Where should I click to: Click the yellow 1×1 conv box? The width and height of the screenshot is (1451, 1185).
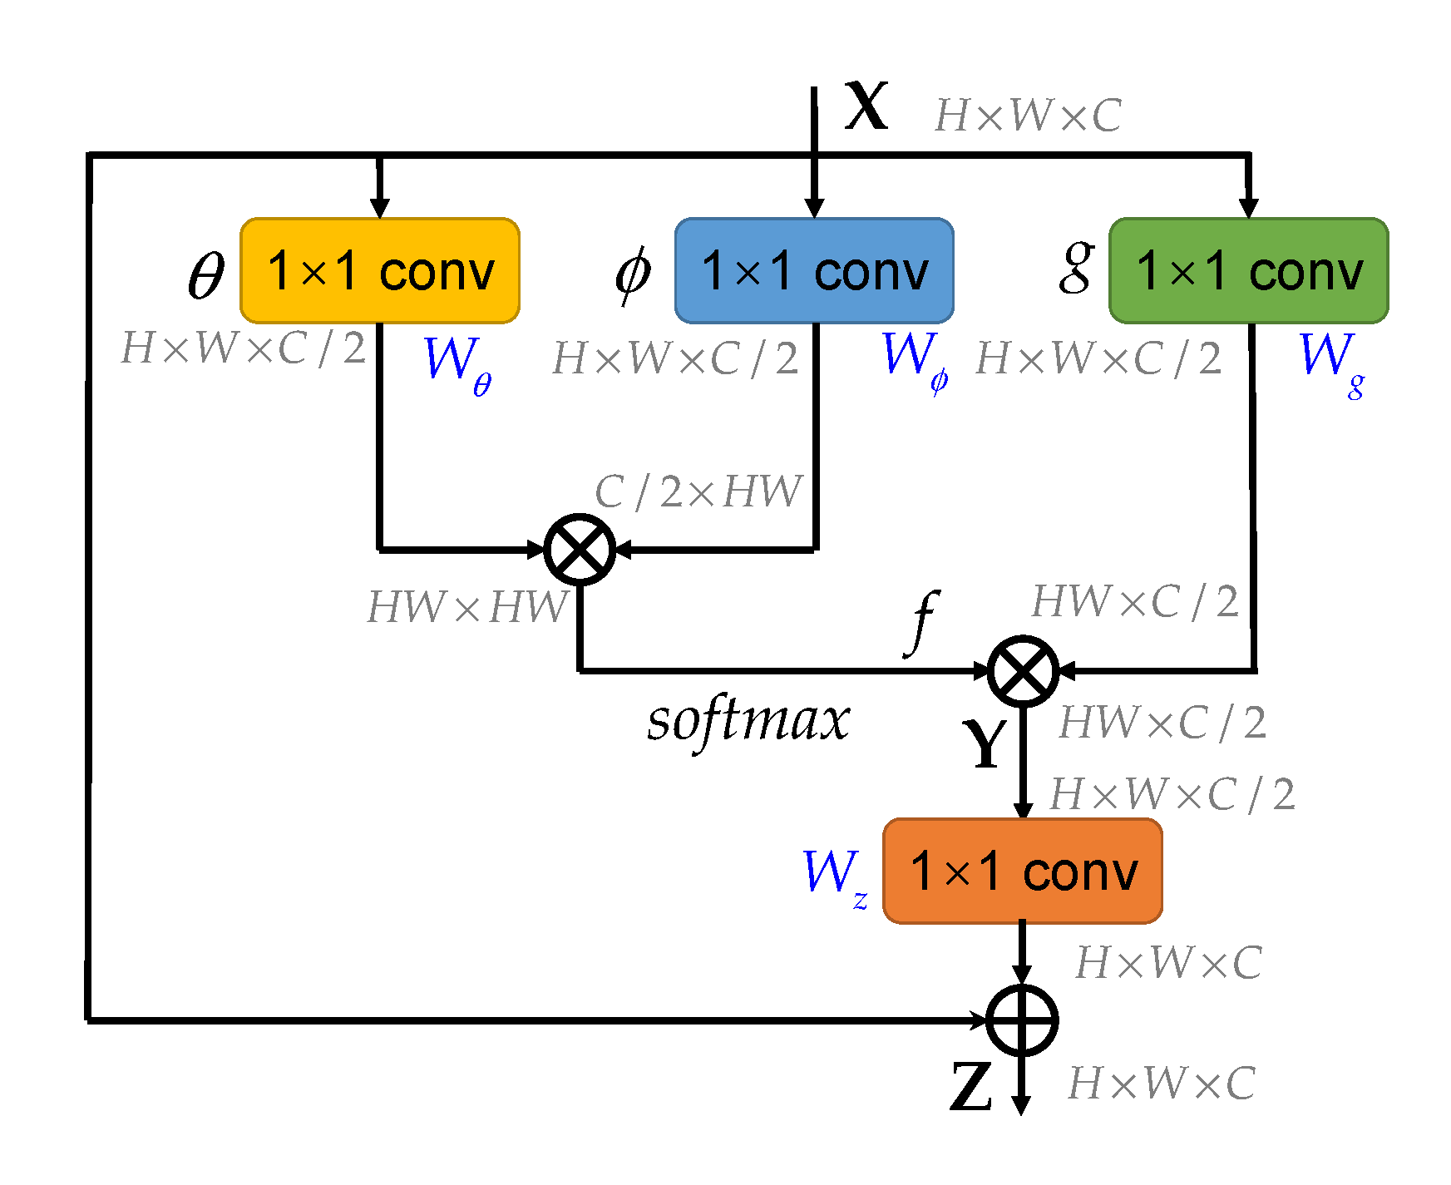(x=380, y=271)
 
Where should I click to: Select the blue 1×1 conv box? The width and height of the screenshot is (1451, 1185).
(x=814, y=271)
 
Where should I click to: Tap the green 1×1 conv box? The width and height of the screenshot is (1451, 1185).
(x=1248, y=271)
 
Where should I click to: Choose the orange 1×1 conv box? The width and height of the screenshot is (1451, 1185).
(x=1022, y=871)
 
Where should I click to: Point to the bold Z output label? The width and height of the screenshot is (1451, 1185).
(x=970, y=1087)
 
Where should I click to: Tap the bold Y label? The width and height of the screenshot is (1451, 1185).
(x=985, y=743)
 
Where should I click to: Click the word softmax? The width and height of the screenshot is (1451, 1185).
(x=748, y=720)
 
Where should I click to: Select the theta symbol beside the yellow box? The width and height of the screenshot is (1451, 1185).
(x=206, y=275)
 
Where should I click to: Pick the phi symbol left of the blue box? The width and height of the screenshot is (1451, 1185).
(x=633, y=274)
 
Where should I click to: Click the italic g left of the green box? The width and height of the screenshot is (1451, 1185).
(x=1076, y=268)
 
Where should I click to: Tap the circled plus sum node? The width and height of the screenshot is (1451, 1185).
(x=1022, y=1020)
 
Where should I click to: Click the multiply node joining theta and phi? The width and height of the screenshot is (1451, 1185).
(x=580, y=550)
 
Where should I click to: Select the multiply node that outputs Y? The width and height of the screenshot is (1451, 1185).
(x=1023, y=671)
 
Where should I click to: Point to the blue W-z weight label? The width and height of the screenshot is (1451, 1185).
(x=835, y=876)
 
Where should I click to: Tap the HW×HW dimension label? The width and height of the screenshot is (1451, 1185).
(x=467, y=607)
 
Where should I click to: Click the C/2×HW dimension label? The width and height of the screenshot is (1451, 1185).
(x=698, y=492)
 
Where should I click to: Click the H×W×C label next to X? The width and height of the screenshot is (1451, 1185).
(x=1028, y=116)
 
